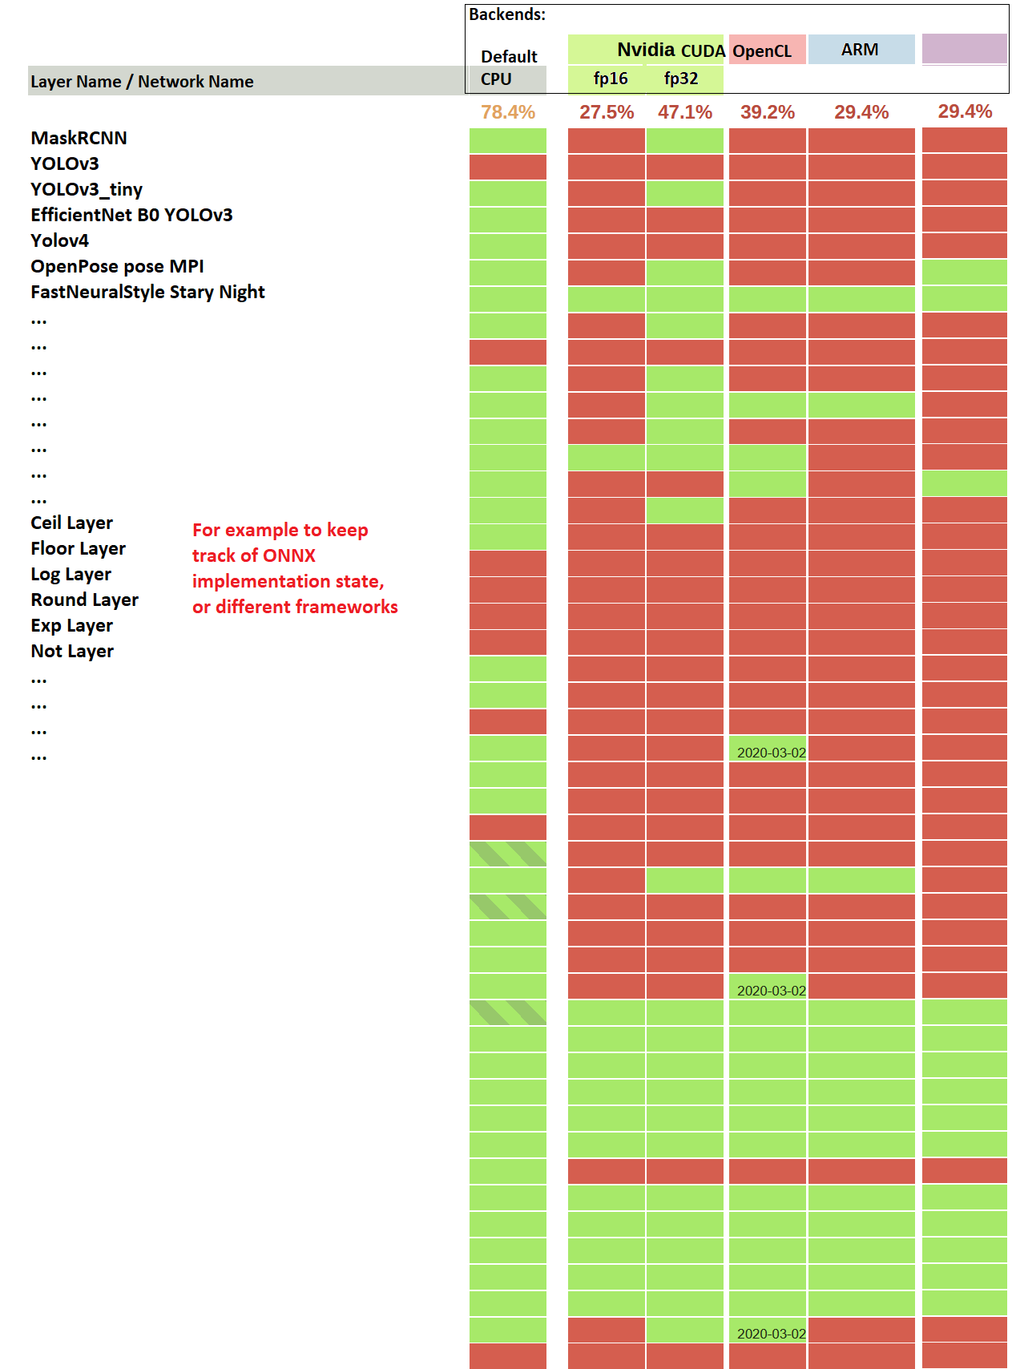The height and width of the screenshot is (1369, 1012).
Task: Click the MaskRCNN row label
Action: pyautogui.click(x=79, y=138)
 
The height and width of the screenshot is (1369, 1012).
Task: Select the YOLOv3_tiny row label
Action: pyautogui.click(x=87, y=189)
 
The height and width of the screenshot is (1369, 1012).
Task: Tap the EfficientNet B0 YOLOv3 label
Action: pyautogui.click(x=131, y=215)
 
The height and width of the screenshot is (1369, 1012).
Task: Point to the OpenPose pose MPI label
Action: pyautogui.click(x=117, y=266)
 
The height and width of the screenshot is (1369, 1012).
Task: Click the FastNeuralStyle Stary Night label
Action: pyautogui.click(x=147, y=292)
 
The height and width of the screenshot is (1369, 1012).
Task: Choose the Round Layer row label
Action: pyautogui.click(x=84, y=600)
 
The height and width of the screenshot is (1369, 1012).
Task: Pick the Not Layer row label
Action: pyautogui.click(x=72, y=651)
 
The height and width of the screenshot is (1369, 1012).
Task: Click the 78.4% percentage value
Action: pyautogui.click(x=507, y=112)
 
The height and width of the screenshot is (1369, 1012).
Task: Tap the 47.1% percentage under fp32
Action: pyautogui.click(x=684, y=112)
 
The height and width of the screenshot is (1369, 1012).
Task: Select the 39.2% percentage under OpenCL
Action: pyautogui.click(x=767, y=112)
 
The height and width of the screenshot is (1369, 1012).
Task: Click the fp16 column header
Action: pyautogui.click(x=610, y=79)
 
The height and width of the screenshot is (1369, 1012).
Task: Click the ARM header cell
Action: pyautogui.click(x=860, y=50)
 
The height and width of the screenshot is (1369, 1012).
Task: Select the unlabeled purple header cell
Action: pyautogui.click(x=964, y=49)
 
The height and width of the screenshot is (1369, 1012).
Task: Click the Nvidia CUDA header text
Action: pyautogui.click(x=671, y=50)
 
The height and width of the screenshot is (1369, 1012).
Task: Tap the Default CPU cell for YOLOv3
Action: pyautogui.click(x=507, y=167)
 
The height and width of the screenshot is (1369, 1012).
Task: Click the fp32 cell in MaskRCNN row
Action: pyautogui.click(x=684, y=140)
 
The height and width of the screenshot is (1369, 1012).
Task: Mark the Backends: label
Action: pyautogui.click(x=506, y=14)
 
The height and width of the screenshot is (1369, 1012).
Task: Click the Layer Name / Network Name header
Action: pyautogui.click(x=142, y=82)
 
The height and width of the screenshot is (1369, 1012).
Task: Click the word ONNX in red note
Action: pyautogui.click(x=288, y=555)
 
